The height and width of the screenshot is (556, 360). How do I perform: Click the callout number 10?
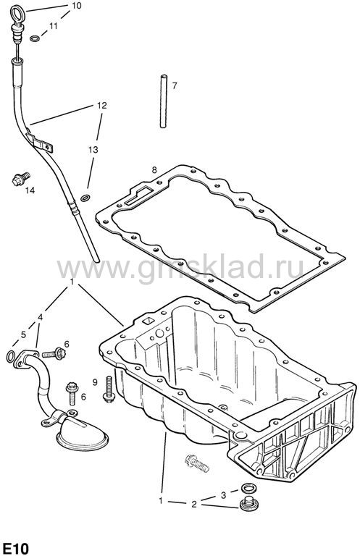point(76,5)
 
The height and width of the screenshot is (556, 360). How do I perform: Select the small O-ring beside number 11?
point(35,38)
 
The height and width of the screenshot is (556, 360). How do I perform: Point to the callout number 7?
point(174,85)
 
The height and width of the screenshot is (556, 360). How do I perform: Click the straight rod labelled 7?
point(163,101)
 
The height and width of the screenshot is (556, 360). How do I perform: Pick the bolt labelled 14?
point(21,179)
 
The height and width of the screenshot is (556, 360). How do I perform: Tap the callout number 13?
point(93,150)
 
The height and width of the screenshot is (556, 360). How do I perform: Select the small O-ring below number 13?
point(85,198)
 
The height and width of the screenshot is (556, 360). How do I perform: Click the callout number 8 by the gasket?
point(154,170)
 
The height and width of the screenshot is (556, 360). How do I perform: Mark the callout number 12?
point(102,105)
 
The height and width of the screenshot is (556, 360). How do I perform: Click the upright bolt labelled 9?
point(108,389)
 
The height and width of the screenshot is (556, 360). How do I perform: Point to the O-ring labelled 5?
point(11,356)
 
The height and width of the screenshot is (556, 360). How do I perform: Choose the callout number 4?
point(41,317)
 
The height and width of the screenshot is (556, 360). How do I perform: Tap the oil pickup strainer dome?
point(83,435)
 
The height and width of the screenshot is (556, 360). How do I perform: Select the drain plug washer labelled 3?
point(248,488)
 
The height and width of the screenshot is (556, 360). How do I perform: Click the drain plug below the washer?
point(248,504)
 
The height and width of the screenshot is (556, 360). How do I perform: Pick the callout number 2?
point(194,504)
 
